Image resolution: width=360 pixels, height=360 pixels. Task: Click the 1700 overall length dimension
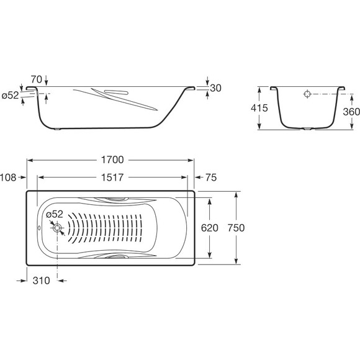click(x=112, y=160)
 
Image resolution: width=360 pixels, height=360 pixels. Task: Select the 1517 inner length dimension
click(x=112, y=178)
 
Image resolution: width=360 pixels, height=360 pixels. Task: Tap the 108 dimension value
click(x=8, y=178)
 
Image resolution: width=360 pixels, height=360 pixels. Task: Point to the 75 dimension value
click(x=211, y=178)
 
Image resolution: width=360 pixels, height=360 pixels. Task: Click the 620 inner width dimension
click(x=209, y=228)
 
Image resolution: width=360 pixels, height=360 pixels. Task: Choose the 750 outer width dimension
click(x=236, y=228)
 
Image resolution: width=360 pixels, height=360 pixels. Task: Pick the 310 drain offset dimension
click(x=42, y=281)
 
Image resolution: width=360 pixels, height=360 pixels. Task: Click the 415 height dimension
click(x=259, y=107)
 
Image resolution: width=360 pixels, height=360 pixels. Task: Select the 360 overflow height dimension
click(x=351, y=112)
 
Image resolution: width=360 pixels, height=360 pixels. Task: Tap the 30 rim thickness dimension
click(x=215, y=88)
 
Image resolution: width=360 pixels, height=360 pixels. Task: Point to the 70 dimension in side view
click(x=37, y=79)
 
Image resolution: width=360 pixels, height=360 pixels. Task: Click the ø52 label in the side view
click(x=10, y=96)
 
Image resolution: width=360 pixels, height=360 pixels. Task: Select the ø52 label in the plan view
click(x=55, y=214)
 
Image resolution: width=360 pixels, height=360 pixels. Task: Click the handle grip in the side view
click(x=117, y=92)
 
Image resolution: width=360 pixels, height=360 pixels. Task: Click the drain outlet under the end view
click(x=307, y=129)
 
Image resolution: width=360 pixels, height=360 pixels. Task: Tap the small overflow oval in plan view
click(x=39, y=228)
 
